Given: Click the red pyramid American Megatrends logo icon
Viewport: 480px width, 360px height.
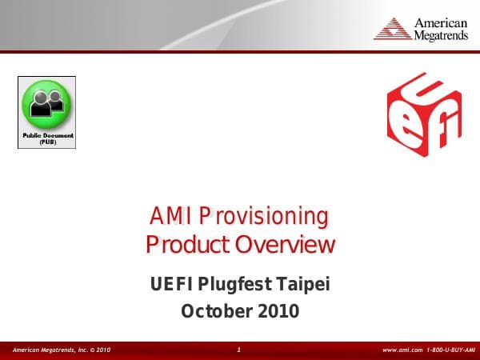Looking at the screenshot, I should (393, 29).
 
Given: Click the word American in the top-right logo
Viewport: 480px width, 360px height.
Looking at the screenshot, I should (440, 22).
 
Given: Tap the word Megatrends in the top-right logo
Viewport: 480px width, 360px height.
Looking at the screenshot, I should (440, 35).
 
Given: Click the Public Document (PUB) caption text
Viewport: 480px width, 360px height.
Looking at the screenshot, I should (47, 138).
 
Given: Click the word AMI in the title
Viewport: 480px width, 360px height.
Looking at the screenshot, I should (170, 216).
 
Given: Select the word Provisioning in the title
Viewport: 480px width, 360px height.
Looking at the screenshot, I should (263, 216).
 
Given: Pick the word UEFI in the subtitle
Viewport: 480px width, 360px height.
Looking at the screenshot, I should (172, 284).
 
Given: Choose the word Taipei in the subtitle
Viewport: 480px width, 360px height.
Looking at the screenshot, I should (303, 284).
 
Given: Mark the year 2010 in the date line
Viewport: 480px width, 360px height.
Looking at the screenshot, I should (278, 310).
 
